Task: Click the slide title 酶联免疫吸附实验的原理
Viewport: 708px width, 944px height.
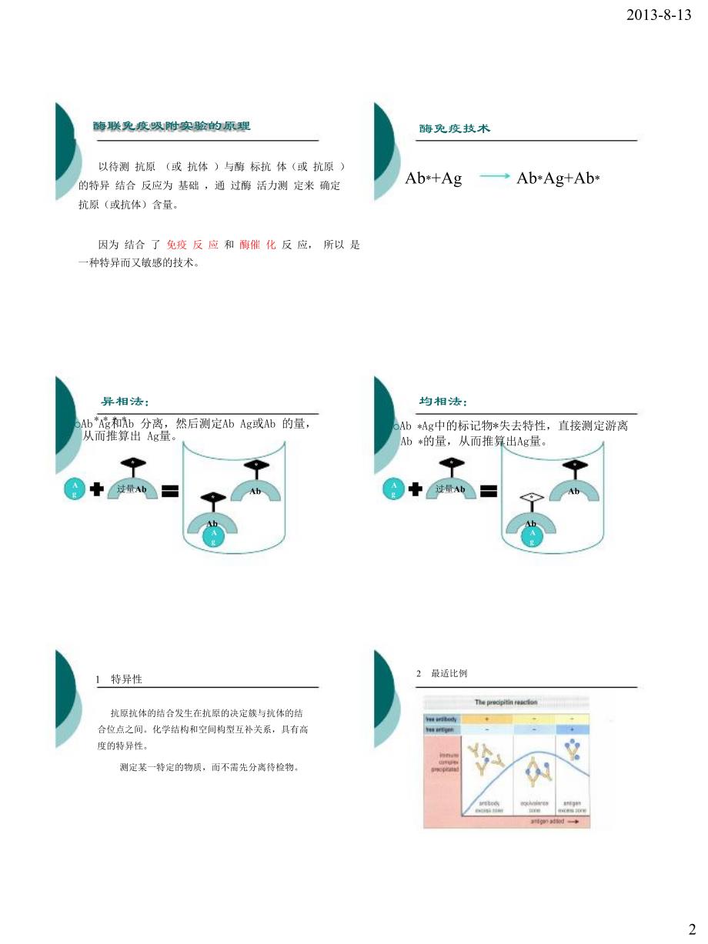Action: point(172,125)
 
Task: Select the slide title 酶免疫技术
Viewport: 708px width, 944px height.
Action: point(454,128)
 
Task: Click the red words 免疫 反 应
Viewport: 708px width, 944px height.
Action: point(192,244)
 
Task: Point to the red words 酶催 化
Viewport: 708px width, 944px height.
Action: point(257,244)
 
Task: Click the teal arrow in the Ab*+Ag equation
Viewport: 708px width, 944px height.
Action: point(495,177)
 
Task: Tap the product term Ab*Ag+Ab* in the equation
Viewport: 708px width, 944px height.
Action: point(557,178)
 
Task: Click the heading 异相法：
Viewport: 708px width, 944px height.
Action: point(125,401)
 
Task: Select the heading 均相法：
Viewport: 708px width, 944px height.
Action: point(442,401)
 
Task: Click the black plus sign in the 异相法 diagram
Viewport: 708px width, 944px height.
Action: point(97,489)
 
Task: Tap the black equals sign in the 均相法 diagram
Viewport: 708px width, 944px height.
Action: point(488,489)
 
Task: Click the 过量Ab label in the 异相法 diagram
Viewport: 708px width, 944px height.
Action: point(132,489)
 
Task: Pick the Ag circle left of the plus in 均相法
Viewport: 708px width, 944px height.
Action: point(393,489)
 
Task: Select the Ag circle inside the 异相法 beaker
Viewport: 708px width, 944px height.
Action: point(213,537)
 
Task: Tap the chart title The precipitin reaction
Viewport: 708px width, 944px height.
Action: point(506,702)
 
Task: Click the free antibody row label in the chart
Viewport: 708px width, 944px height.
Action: point(441,719)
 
